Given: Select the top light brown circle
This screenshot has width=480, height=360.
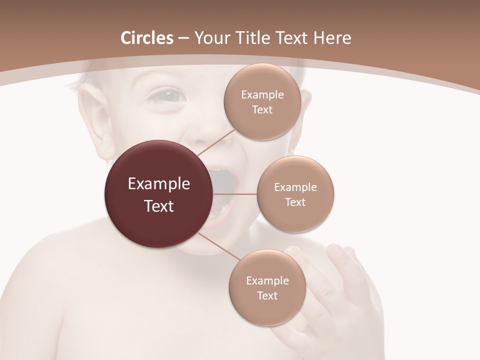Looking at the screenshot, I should (262, 102).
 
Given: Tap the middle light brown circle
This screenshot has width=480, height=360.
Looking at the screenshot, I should (295, 194).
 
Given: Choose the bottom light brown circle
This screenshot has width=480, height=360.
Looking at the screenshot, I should (267, 288).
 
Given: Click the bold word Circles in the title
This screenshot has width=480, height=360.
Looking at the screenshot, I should (147, 38).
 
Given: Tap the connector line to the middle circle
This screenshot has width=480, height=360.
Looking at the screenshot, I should (235, 193).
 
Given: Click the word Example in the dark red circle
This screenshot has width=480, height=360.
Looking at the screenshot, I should (159, 184).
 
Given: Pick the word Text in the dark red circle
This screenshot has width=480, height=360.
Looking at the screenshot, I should (159, 206).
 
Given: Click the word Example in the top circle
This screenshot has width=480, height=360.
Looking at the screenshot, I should (262, 95).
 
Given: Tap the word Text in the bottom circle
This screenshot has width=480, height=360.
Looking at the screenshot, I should (267, 295).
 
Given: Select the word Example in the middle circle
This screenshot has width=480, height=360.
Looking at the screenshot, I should (295, 187).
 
